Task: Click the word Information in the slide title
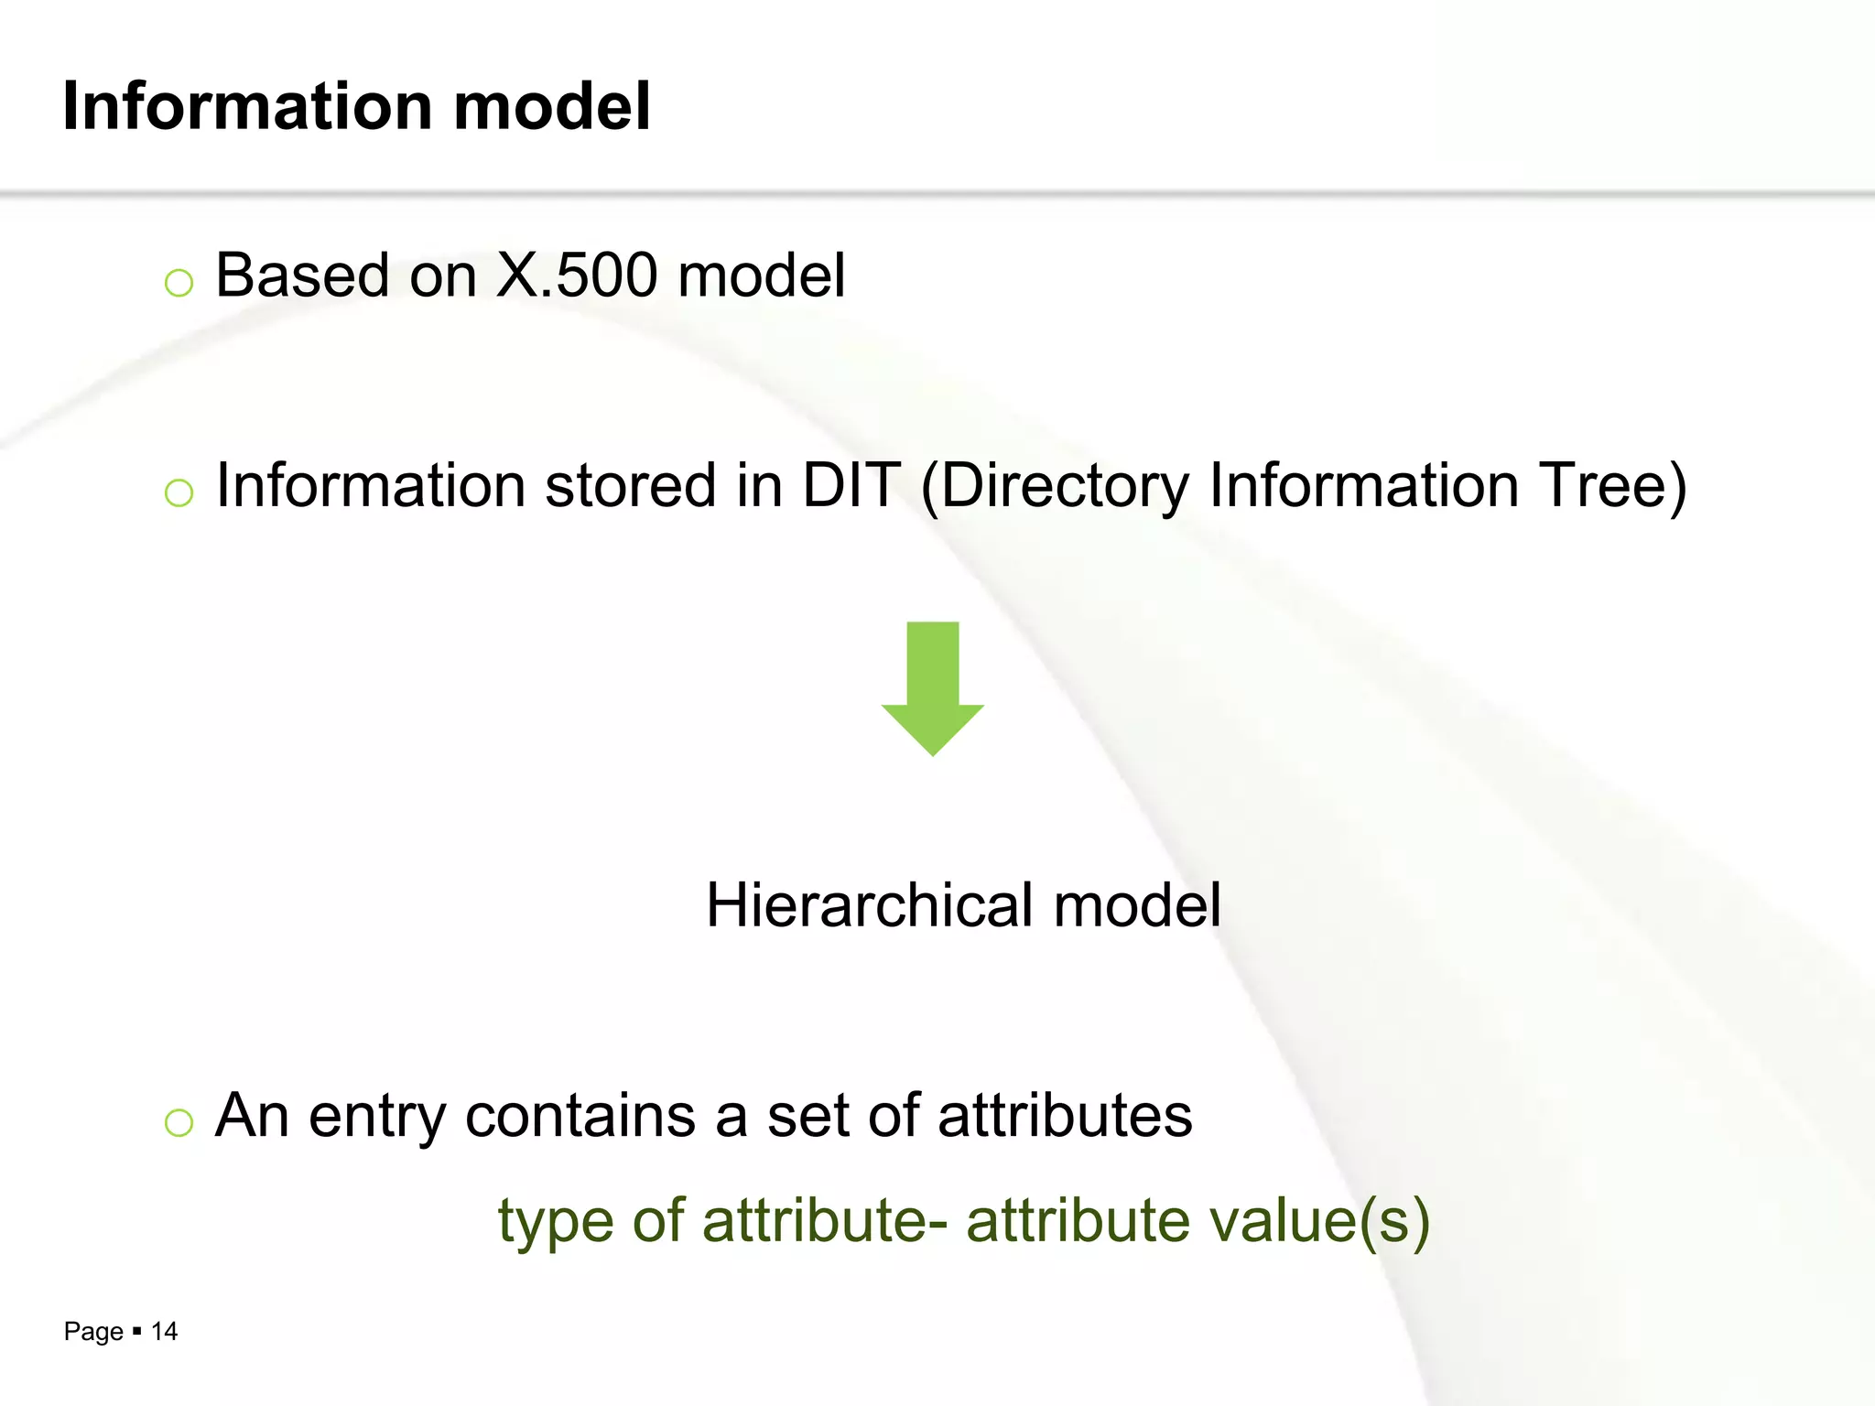pyautogui.click(x=247, y=106)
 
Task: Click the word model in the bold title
pyautogui.click(x=552, y=106)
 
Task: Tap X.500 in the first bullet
pyautogui.click(x=576, y=275)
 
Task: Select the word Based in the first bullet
pyautogui.click(x=301, y=275)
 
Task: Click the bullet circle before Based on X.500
pyautogui.click(x=179, y=283)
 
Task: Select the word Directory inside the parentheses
pyautogui.click(x=1064, y=486)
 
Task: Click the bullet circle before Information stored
pyautogui.click(x=179, y=493)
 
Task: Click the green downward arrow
pyautogui.click(x=932, y=687)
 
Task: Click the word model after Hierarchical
pyautogui.click(x=1137, y=905)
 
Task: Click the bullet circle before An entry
pyautogui.click(x=179, y=1123)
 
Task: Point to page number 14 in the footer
pyautogui.click(x=164, y=1331)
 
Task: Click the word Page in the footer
pyautogui.click(x=93, y=1332)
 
